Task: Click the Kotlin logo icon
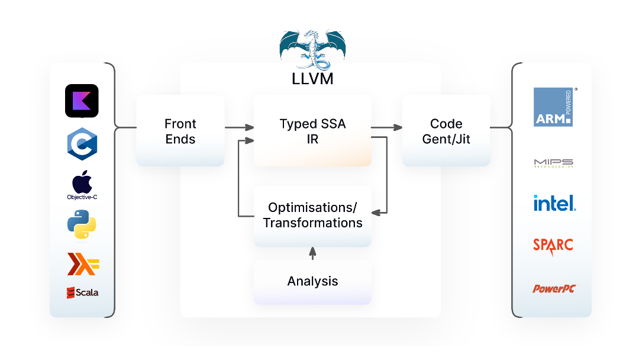[x=82, y=101]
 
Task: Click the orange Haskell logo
[x=82, y=263]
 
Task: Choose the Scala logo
[x=82, y=292]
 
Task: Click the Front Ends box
[x=180, y=131]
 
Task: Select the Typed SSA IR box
[x=312, y=131]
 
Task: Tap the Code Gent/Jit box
[x=446, y=131]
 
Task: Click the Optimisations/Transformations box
[x=312, y=216]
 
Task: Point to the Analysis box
[x=312, y=281]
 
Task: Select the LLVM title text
[x=312, y=79]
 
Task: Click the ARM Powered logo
[x=553, y=107]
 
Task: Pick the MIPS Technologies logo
[x=553, y=163]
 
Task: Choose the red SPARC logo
[x=553, y=245]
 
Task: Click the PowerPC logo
[x=554, y=289]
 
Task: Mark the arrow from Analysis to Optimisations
[x=312, y=253]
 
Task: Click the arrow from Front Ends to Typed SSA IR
[x=239, y=127]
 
